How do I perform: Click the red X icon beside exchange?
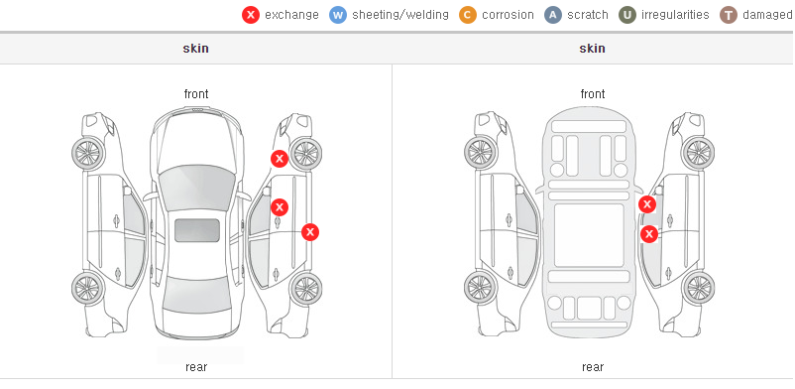pyautogui.click(x=251, y=15)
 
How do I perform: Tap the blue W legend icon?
pyautogui.click(x=338, y=15)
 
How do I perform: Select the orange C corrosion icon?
pyautogui.click(x=468, y=15)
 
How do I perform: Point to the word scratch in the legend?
pyautogui.click(x=588, y=15)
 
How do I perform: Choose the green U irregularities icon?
pyautogui.click(x=627, y=15)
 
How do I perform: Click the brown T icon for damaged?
pyautogui.click(x=729, y=15)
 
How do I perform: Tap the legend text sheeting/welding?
pyautogui.click(x=400, y=15)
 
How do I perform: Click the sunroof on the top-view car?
pyautogui.click(x=197, y=230)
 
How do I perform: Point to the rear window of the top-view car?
pyautogui.click(x=196, y=294)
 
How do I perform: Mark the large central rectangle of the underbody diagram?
pyautogui.click(x=589, y=235)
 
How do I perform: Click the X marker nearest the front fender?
pyautogui.click(x=280, y=159)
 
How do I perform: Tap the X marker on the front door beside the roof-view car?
pyautogui.click(x=280, y=207)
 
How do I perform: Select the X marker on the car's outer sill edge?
pyautogui.click(x=310, y=232)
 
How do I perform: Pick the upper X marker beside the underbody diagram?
pyautogui.click(x=647, y=204)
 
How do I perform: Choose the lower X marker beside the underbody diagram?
pyautogui.click(x=649, y=234)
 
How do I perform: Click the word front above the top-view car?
pyautogui.click(x=196, y=94)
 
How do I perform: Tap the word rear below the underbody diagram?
pyautogui.click(x=593, y=367)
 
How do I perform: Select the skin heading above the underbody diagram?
pyautogui.click(x=592, y=49)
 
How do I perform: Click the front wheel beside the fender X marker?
pyautogui.click(x=305, y=154)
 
